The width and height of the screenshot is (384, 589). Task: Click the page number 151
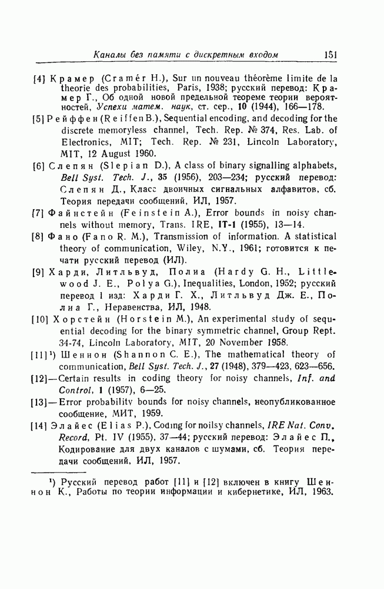329,54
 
